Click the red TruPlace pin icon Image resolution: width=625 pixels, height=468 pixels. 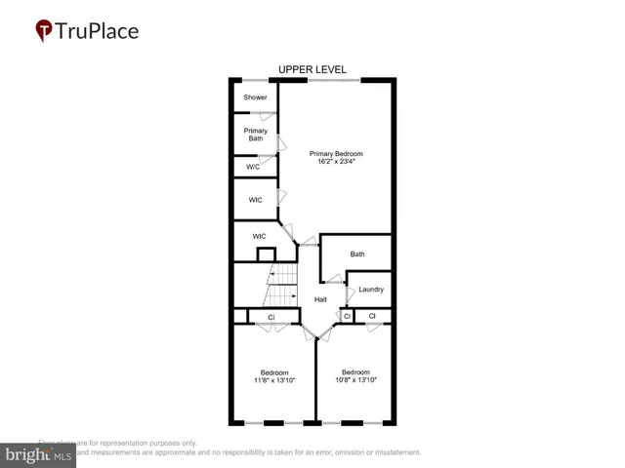45,31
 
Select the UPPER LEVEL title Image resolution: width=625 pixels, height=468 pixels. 312,69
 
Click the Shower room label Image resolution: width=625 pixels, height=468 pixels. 255,97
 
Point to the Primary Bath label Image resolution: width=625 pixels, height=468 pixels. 255,135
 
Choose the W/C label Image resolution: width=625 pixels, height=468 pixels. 254,167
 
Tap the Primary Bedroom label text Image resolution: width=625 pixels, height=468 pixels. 336,154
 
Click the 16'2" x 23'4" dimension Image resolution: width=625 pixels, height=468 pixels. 336,162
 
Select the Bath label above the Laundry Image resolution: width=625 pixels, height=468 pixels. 357,254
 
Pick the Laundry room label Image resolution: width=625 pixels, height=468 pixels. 371,290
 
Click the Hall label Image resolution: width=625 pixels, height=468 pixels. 320,299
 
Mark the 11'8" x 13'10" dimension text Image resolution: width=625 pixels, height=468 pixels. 273,380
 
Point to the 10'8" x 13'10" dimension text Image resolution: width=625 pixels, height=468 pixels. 355,380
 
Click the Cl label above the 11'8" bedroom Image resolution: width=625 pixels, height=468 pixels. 271,317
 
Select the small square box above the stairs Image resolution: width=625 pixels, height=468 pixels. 266,254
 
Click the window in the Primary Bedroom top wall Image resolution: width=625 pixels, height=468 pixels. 335,79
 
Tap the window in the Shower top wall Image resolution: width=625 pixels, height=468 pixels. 256,79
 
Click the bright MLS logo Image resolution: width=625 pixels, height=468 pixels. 39,454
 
